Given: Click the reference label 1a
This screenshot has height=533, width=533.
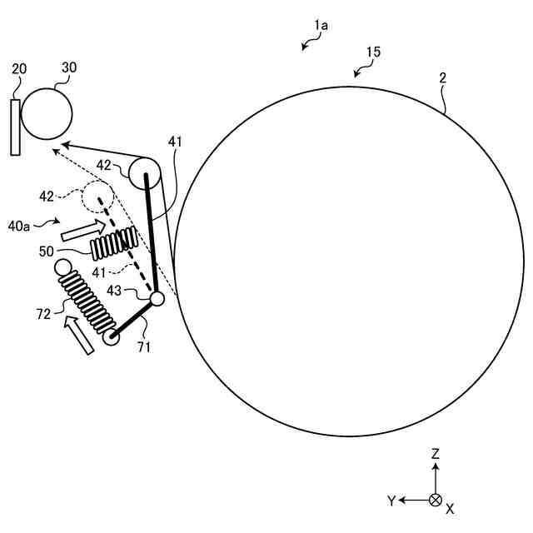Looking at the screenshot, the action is pos(321,26).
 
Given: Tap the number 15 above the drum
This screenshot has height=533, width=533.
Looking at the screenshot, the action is pos(372,52).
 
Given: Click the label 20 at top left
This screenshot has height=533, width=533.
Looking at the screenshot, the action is pos(19,69).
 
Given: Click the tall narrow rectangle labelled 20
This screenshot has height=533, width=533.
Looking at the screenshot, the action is pos(15,127).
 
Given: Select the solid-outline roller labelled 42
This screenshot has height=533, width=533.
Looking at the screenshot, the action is pos(144,174).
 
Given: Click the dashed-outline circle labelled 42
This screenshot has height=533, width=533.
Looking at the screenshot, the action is pos(97,197).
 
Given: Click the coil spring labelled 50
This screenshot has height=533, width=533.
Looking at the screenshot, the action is pos(113,242).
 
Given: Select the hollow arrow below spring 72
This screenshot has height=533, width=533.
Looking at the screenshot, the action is pos(81,336).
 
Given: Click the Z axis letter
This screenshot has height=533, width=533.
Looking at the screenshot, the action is pos(436,454).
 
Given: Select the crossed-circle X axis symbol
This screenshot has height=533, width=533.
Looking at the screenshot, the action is pos(435,500).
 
